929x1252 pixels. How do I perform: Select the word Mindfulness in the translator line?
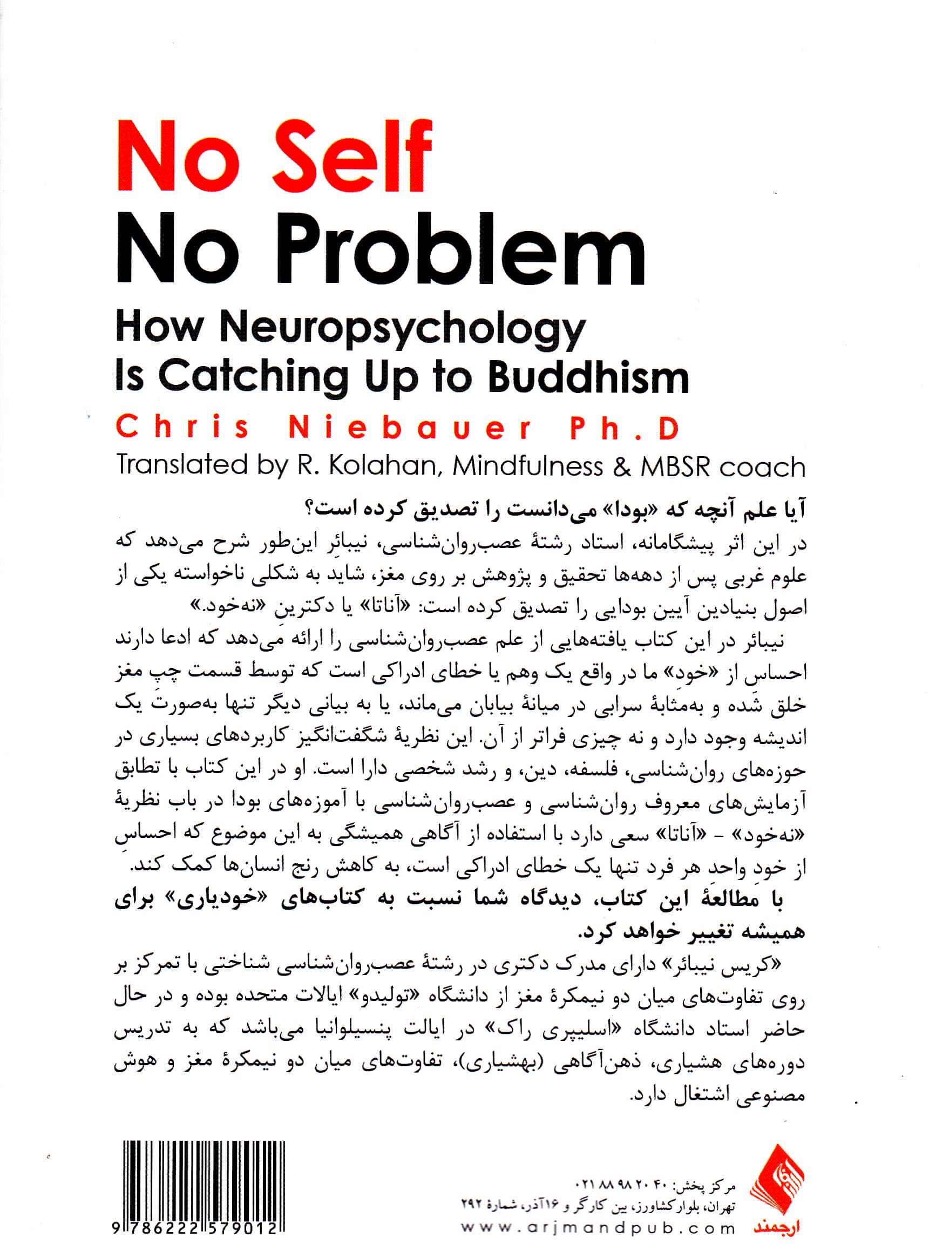click(527, 466)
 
